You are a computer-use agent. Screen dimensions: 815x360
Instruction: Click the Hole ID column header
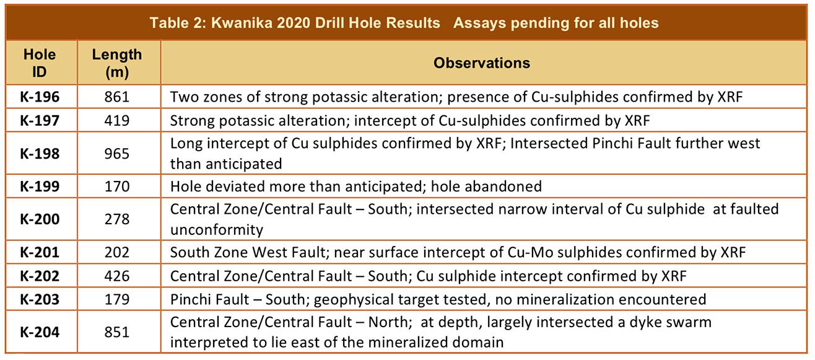point(40,63)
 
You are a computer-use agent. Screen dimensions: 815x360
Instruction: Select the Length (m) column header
point(117,63)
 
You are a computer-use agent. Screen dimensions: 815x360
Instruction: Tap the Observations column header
point(482,63)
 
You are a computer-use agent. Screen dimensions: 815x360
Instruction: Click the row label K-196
point(40,97)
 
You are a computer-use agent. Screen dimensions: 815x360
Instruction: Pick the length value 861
point(117,97)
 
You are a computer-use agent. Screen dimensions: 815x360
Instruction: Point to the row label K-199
point(40,187)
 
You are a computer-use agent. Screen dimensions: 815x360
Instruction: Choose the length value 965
point(117,154)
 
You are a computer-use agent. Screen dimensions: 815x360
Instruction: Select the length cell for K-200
point(117,219)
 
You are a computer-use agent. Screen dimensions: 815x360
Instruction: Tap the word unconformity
point(217,230)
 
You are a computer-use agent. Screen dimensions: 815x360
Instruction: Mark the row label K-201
point(40,252)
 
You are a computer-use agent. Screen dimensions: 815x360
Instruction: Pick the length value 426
point(117,276)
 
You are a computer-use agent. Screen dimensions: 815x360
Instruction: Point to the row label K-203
point(40,299)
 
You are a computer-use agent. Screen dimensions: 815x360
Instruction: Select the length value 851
point(117,332)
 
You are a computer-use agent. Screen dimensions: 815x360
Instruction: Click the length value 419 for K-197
point(117,120)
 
